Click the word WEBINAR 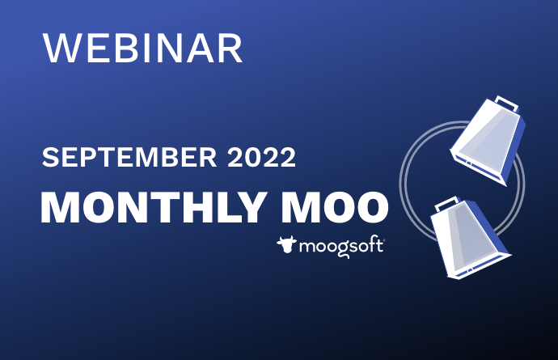(142, 49)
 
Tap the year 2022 (260, 159)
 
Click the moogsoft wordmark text (343, 245)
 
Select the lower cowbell (466, 238)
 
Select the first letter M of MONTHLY (61, 209)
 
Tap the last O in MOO (369, 209)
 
